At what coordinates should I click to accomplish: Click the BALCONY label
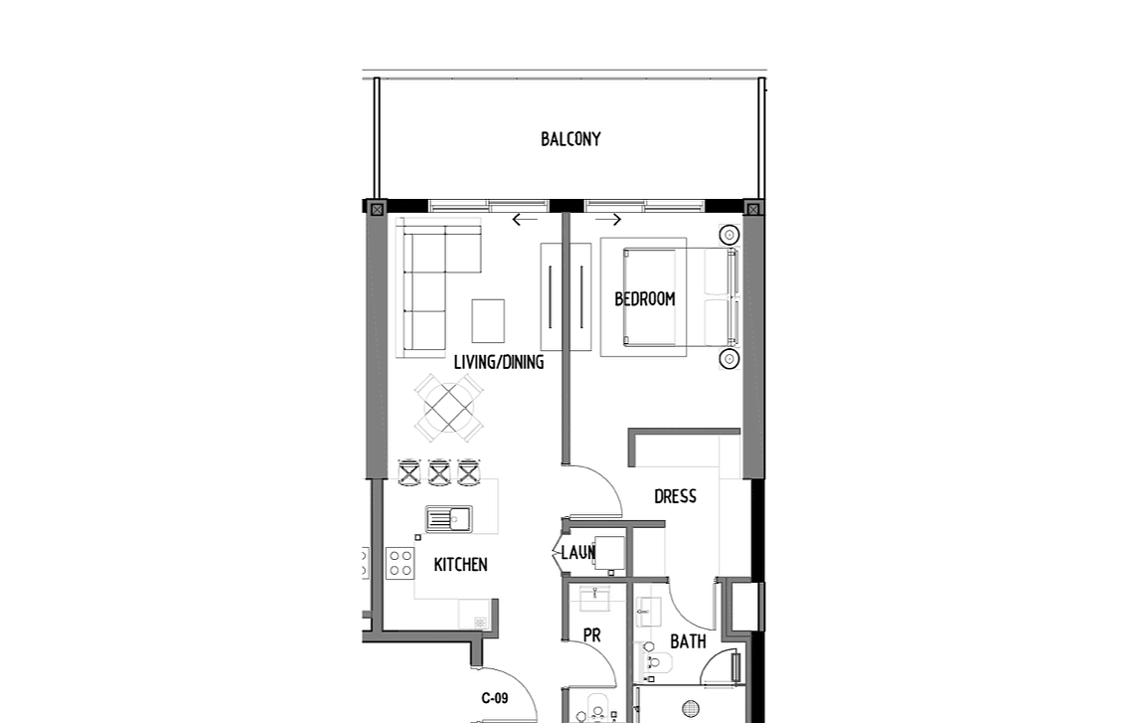tap(570, 139)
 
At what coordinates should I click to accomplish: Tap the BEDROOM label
tap(645, 298)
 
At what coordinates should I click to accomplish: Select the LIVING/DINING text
tap(499, 362)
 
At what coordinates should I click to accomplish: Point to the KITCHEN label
tap(460, 565)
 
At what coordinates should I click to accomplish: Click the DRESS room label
tap(675, 496)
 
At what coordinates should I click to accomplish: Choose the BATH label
tap(688, 641)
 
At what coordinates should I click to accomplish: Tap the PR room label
tap(591, 635)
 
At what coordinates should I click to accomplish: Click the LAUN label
tap(578, 553)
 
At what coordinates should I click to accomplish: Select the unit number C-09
tap(495, 698)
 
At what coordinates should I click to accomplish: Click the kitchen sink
tap(449, 519)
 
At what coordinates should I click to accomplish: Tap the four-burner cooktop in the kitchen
tap(401, 563)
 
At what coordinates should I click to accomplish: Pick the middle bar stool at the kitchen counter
tap(438, 472)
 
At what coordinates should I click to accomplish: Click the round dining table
tap(449, 408)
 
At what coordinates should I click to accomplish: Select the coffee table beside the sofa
tap(488, 321)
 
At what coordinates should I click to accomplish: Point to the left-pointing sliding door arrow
tap(525, 220)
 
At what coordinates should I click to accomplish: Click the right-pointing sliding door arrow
tap(609, 220)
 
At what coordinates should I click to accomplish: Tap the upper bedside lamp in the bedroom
tap(729, 235)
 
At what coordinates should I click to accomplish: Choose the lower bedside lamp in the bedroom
tap(729, 358)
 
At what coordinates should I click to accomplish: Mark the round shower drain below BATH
tap(691, 709)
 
